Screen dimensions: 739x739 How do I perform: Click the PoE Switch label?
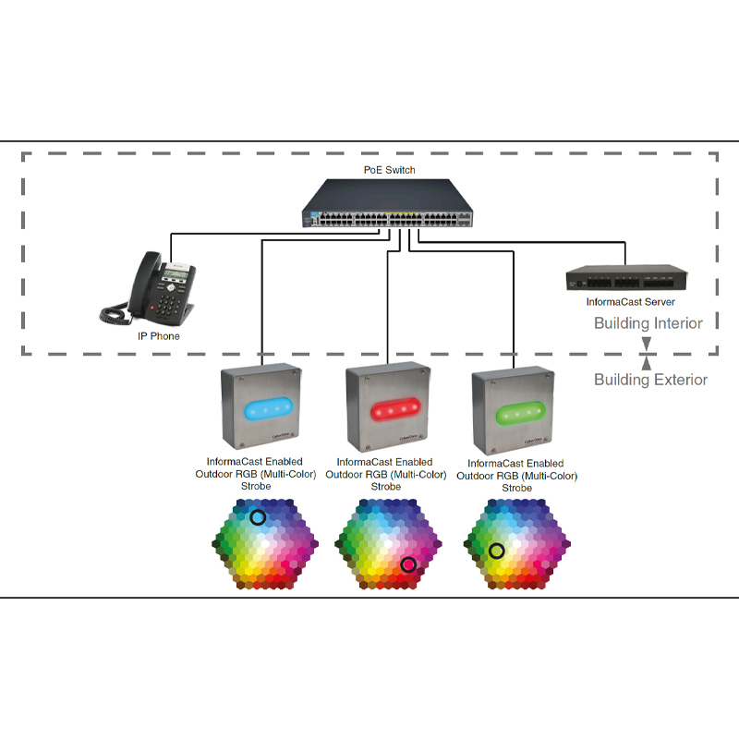pyautogui.click(x=389, y=170)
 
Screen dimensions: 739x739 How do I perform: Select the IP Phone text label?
pyautogui.click(x=159, y=336)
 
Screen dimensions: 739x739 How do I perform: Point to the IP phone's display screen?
pyautogui.click(x=176, y=269)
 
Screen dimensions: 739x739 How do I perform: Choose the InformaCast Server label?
pyautogui.click(x=630, y=302)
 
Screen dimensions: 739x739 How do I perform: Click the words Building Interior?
pyautogui.click(x=648, y=323)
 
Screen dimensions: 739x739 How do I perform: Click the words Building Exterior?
pyautogui.click(x=650, y=380)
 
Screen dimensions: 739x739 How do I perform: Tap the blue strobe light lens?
pyautogui.click(x=265, y=409)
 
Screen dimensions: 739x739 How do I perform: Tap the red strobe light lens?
pyautogui.click(x=390, y=408)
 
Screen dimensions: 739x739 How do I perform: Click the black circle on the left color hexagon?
pyautogui.click(x=258, y=517)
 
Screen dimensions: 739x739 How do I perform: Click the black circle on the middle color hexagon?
pyautogui.click(x=408, y=564)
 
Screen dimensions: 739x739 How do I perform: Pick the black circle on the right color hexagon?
pyautogui.click(x=496, y=551)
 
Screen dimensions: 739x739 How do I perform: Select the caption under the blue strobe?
pyautogui.click(x=255, y=474)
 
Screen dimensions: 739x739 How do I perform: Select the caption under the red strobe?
pyautogui.click(x=384, y=474)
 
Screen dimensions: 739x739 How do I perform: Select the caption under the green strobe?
pyautogui.click(x=516, y=475)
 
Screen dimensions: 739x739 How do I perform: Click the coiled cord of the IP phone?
pyautogui.click(x=117, y=311)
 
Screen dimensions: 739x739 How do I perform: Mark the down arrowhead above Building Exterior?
pyautogui.click(x=647, y=343)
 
